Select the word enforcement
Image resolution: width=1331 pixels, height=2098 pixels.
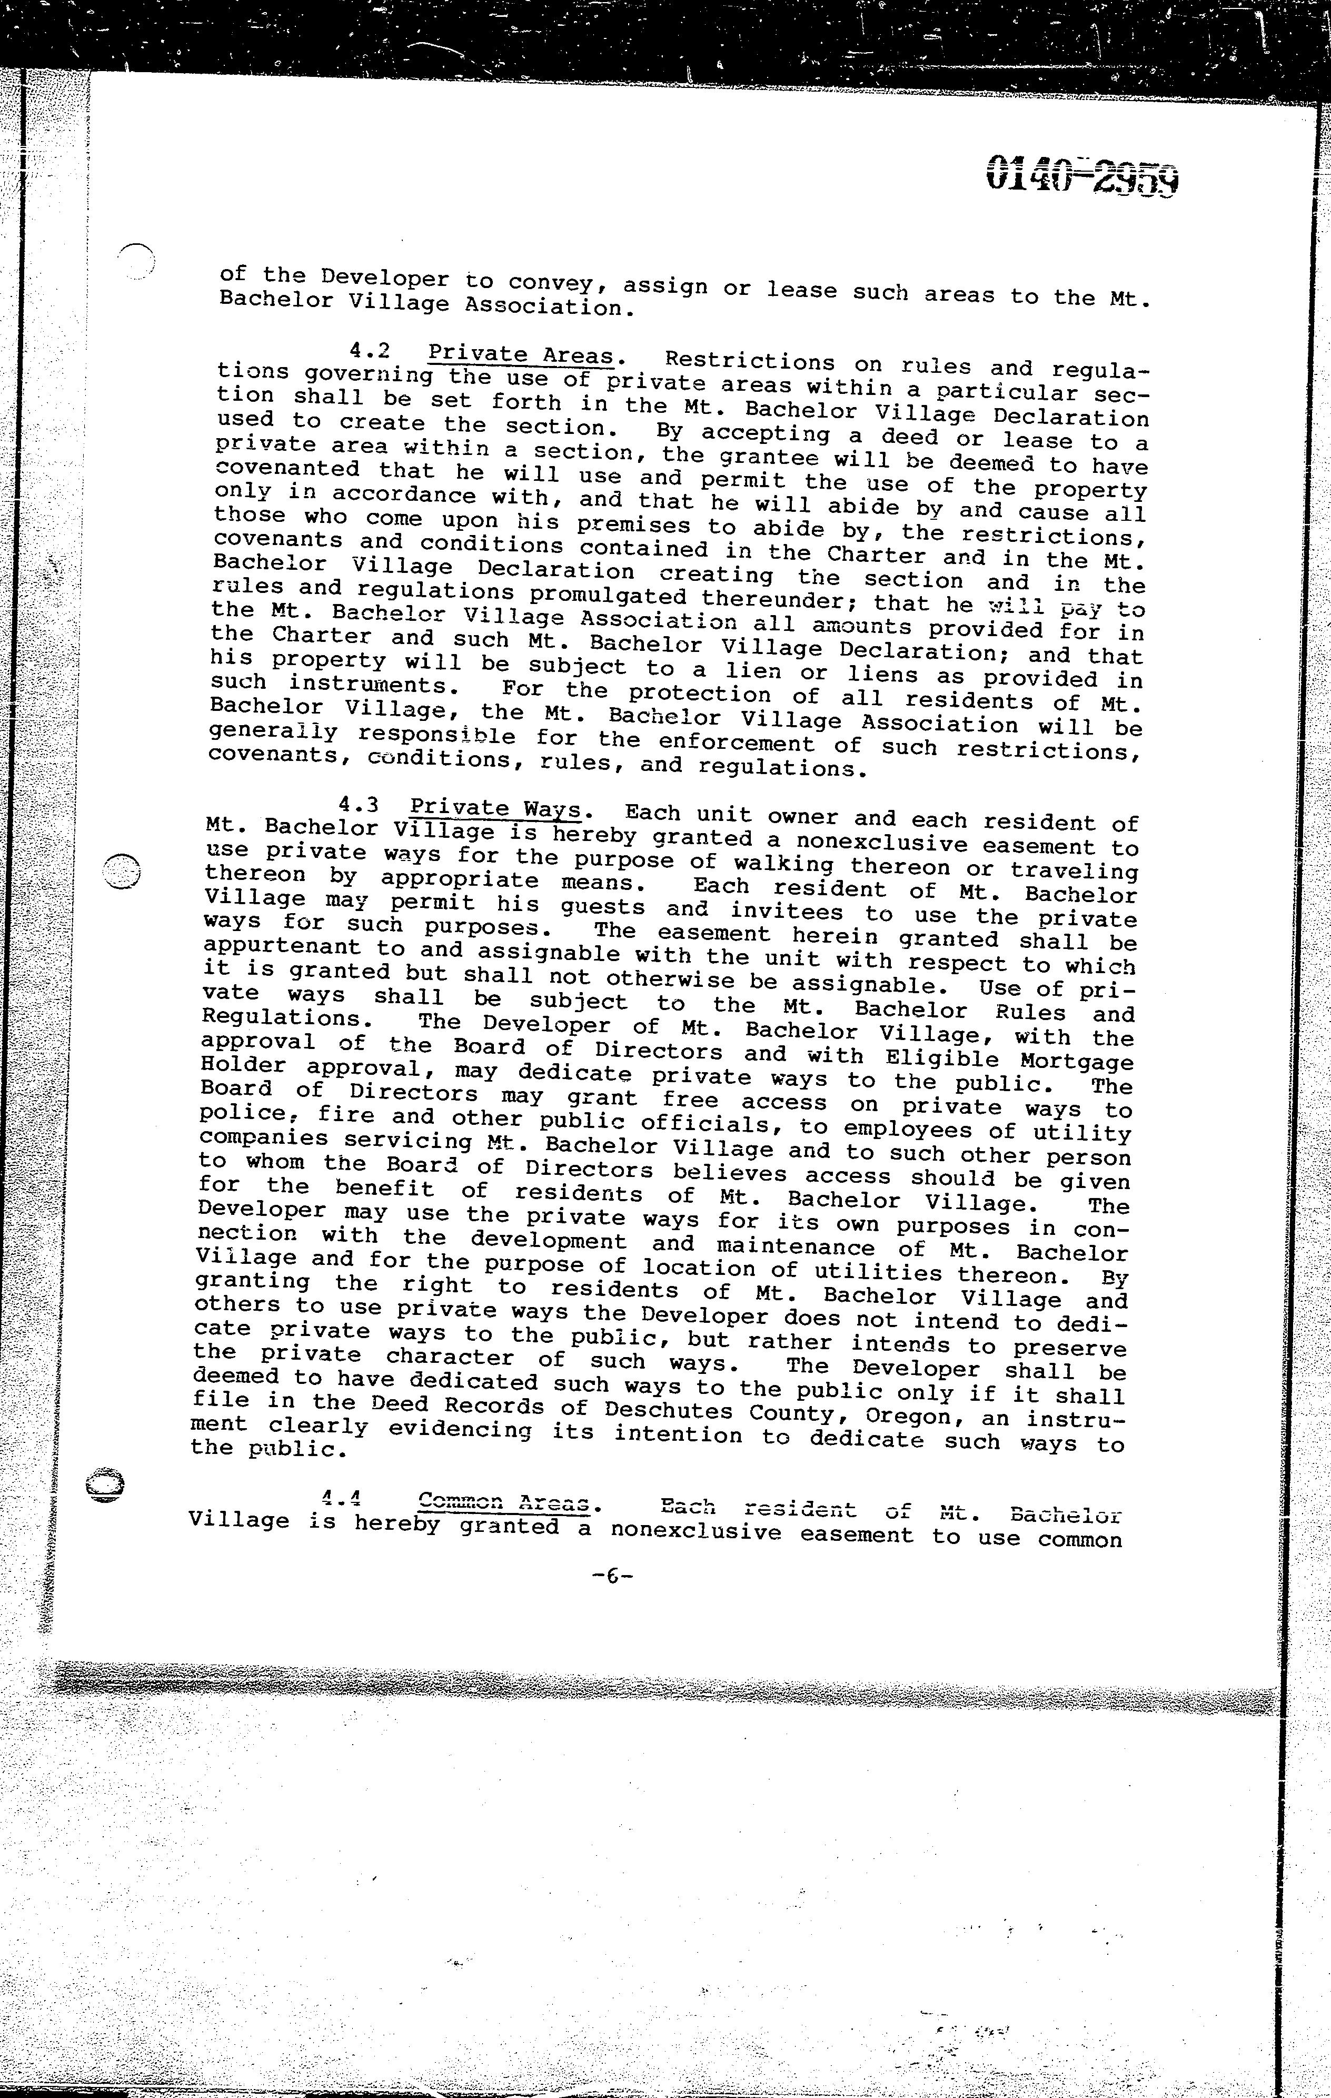(737, 743)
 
